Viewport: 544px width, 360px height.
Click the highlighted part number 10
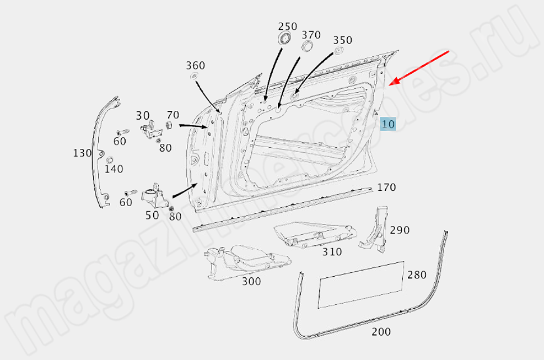pos(388,124)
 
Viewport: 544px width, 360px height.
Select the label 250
pos(287,26)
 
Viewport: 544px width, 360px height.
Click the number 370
pos(311,35)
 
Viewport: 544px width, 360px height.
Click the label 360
pos(195,66)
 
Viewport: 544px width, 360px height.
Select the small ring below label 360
pos(195,76)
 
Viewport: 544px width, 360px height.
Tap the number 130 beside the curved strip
pos(82,153)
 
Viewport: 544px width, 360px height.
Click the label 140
pos(114,169)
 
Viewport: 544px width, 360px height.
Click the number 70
pos(173,115)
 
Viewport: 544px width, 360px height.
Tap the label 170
pos(386,187)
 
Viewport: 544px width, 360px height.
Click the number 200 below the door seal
pos(381,332)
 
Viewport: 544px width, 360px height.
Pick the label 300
pos(251,281)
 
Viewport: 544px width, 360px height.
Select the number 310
pos(332,252)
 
